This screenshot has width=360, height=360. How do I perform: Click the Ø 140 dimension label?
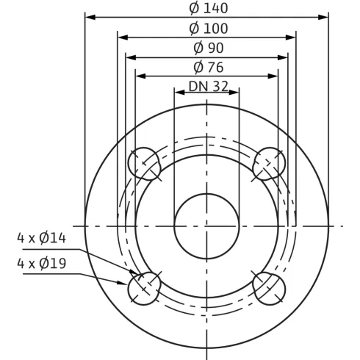pyautogui.click(x=208, y=8)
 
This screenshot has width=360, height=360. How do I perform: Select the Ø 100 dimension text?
pyautogui.click(x=208, y=29)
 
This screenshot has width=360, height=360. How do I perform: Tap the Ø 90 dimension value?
pyautogui.click(x=208, y=48)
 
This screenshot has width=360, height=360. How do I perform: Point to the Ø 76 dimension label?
pyautogui.click(x=208, y=68)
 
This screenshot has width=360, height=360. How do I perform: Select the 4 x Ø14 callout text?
pyautogui.click(x=42, y=238)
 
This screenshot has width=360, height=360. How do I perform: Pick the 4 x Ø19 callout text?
pyautogui.click(x=42, y=263)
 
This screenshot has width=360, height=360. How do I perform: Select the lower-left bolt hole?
pyautogui.click(x=145, y=287)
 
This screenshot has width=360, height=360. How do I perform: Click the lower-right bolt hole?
pyautogui.click(x=269, y=287)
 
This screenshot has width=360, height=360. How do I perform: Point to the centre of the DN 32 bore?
pyautogui.click(x=207, y=226)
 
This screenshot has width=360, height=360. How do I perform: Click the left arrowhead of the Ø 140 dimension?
pyautogui.click(x=89, y=16)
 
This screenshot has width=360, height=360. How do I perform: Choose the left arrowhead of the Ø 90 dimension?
pyautogui.click(x=129, y=56)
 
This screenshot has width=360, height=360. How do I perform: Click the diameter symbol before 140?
pyautogui.click(x=193, y=8)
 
